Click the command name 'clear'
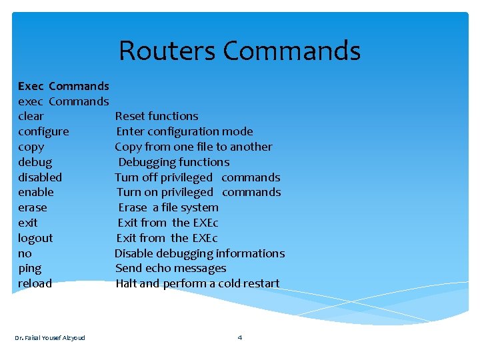(x=31, y=116)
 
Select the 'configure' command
(x=43, y=131)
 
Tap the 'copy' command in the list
(x=31, y=147)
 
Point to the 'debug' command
(x=35, y=162)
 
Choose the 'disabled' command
(x=40, y=177)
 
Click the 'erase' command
(x=33, y=207)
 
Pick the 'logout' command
(x=35, y=238)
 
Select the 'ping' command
(x=29, y=269)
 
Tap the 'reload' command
(x=35, y=283)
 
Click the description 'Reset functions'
(x=157, y=116)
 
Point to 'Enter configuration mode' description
(x=185, y=131)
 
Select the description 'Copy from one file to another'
(x=193, y=147)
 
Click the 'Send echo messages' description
(x=171, y=268)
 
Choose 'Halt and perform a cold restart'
(x=197, y=283)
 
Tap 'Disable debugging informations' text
(x=199, y=253)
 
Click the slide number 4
(x=240, y=337)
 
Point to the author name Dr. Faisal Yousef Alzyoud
(x=50, y=337)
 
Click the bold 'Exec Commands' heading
(x=63, y=86)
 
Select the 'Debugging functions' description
(x=173, y=162)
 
